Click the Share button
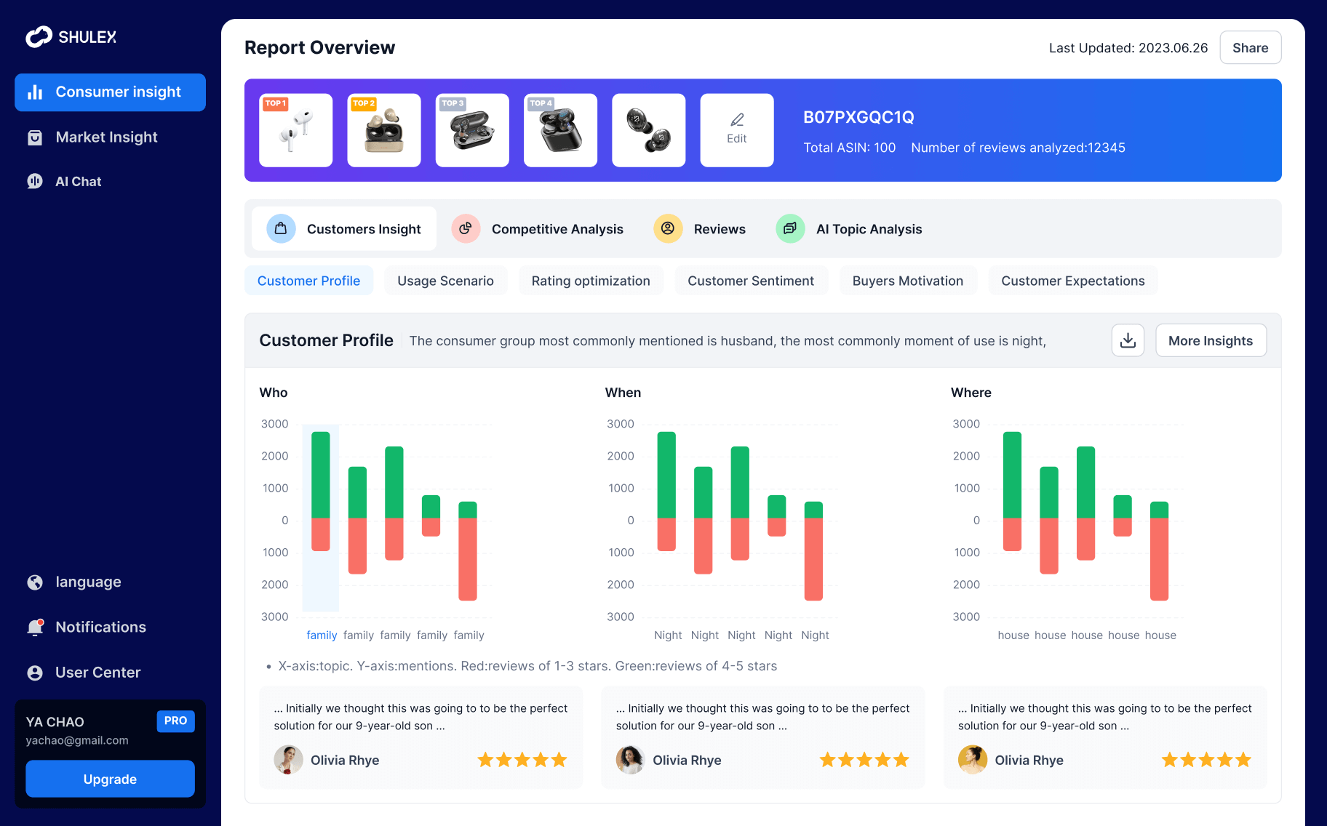(1250, 48)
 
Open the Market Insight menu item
(106, 137)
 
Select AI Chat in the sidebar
(78, 182)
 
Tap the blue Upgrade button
(110, 779)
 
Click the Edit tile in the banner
(736, 130)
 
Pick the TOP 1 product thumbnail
(295, 130)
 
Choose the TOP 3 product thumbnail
(471, 130)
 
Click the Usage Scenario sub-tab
(445, 281)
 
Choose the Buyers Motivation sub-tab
(907, 281)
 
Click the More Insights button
(1210, 341)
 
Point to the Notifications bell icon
(35, 627)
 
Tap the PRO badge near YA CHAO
(175, 721)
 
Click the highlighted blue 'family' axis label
(322, 635)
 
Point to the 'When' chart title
(623, 393)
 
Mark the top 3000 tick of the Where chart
(966, 424)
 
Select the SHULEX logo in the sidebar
(71, 37)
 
